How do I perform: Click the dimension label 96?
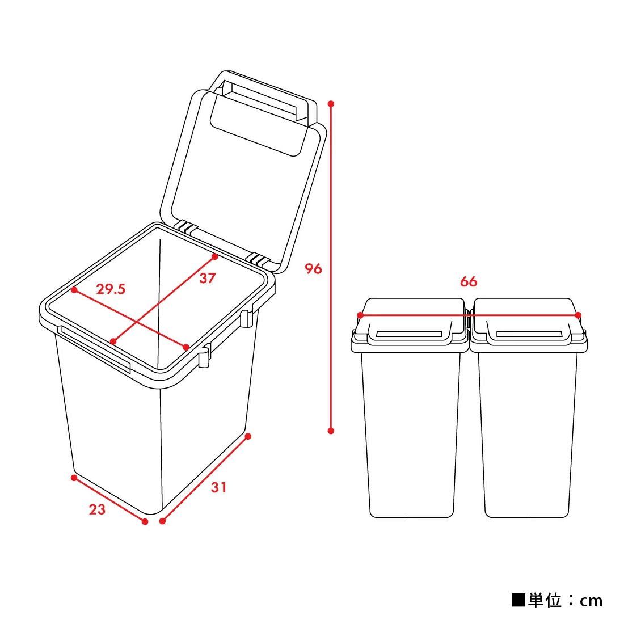point(313,268)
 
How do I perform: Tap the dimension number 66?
point(469,281)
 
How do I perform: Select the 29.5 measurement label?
point(111,289)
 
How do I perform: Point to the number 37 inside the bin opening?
point(207,278)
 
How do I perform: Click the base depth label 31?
point(219,487)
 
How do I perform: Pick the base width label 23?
point(97,509)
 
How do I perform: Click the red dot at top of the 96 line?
point(331,104)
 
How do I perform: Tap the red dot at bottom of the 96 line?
point(331,431)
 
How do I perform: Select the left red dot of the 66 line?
point(360,315)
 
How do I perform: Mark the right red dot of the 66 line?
point(578,315)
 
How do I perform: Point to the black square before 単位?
point(518,600)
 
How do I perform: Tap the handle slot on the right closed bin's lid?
point(529,334)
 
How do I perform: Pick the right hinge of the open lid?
point(259,260)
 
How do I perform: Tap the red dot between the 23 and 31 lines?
point(145,521)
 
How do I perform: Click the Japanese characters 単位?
point(545,600)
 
